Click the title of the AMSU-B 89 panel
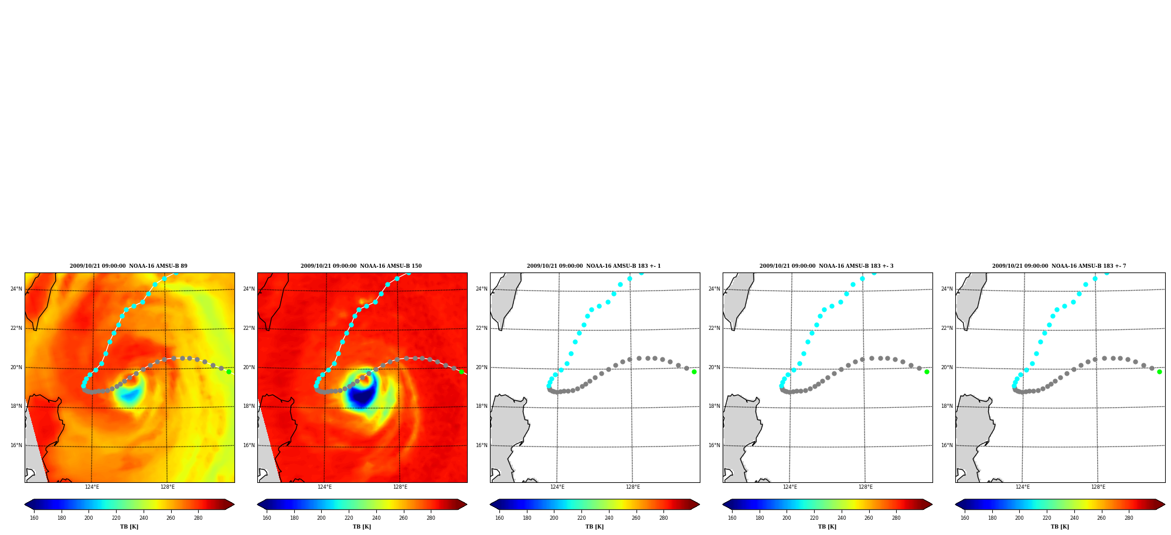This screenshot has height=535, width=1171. (x=128, y=266)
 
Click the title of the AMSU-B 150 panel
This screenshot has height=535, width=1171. (x=361, y=266)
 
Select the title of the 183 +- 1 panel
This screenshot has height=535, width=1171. (x=594, y=266)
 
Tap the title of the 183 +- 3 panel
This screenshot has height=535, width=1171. (x=826, y=266)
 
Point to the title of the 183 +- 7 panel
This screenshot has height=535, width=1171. (x=1059, y=266)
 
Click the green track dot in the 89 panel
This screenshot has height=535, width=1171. (x=229, y=372)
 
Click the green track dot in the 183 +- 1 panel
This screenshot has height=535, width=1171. (x=694, y=372)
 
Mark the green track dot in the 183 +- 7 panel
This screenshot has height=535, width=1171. (x=1159, y=372)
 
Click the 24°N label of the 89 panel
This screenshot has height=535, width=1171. (x=16, y=289)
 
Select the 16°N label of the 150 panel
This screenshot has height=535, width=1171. (x=249, y=445)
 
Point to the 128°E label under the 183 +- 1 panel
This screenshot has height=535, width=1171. (x=633, y=487)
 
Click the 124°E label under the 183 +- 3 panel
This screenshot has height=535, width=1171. (x=790, y=487)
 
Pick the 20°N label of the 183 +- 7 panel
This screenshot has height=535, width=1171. (x=947, y=367)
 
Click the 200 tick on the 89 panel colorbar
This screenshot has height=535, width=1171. (x=88, y=518)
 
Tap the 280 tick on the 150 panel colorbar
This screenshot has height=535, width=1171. (x=431, y=518)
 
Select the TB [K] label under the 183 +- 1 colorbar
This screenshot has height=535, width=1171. (x=594, y=527)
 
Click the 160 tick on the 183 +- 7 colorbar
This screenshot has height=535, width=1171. (x=965, y=518)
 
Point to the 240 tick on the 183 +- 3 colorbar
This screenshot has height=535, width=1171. (x=842, y=518)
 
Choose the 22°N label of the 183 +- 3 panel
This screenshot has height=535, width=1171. (x=714, y=328)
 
